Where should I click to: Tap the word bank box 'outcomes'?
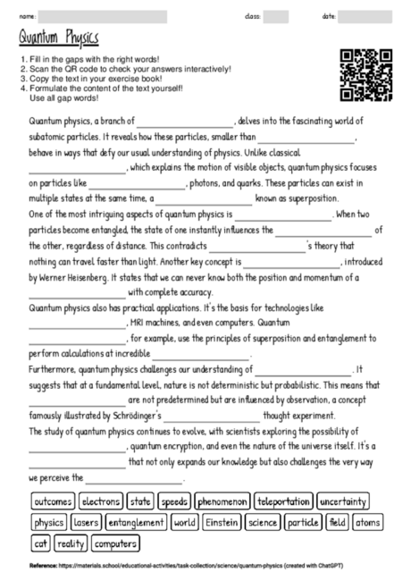pos(52,501)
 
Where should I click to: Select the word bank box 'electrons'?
pos(99,501)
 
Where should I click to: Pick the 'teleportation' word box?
pos(283,501)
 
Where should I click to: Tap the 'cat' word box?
pos(40,543)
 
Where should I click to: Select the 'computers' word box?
pos(114,543)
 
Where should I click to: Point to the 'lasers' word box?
pos(87,522)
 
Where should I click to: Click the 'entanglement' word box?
pos(137,522)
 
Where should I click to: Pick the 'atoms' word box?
pos(366,522)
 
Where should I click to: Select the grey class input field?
pos(275,16)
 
